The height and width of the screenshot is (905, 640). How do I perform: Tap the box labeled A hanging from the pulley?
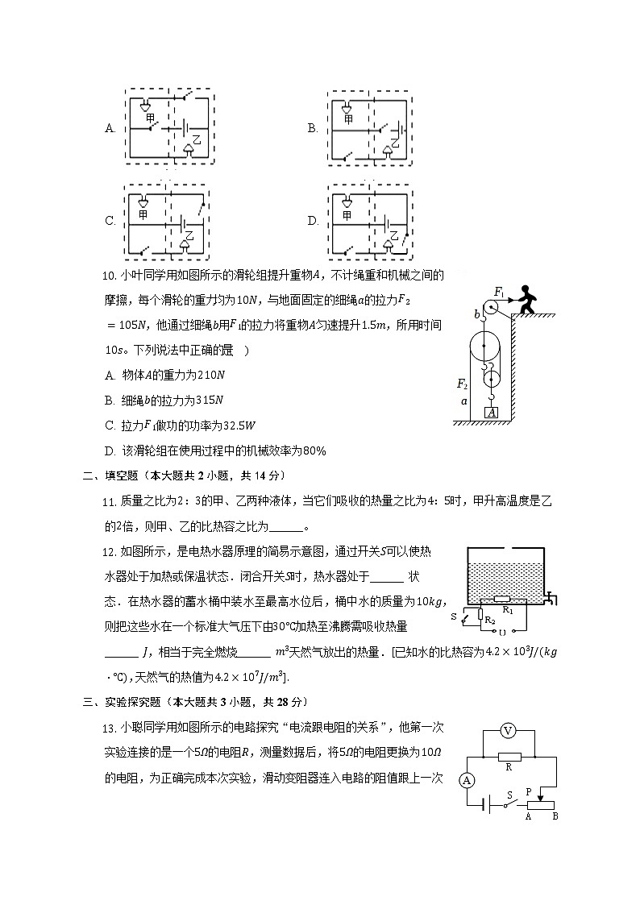(x=491, y=413)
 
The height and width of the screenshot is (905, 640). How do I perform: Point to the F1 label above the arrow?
(x=499, y=292)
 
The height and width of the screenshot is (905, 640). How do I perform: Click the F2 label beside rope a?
(x=462, y=384)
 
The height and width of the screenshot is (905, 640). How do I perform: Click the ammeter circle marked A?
(x=465, y=780)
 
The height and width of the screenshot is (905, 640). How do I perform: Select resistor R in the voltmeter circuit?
(x=509, y=757)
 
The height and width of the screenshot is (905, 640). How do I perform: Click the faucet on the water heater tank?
(x=551, y=598)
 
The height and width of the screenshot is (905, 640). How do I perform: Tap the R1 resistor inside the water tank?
(x=503, y=600)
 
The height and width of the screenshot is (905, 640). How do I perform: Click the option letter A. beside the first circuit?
(x=110, y=128)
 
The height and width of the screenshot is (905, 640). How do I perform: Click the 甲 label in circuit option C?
(x=143, y=215)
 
